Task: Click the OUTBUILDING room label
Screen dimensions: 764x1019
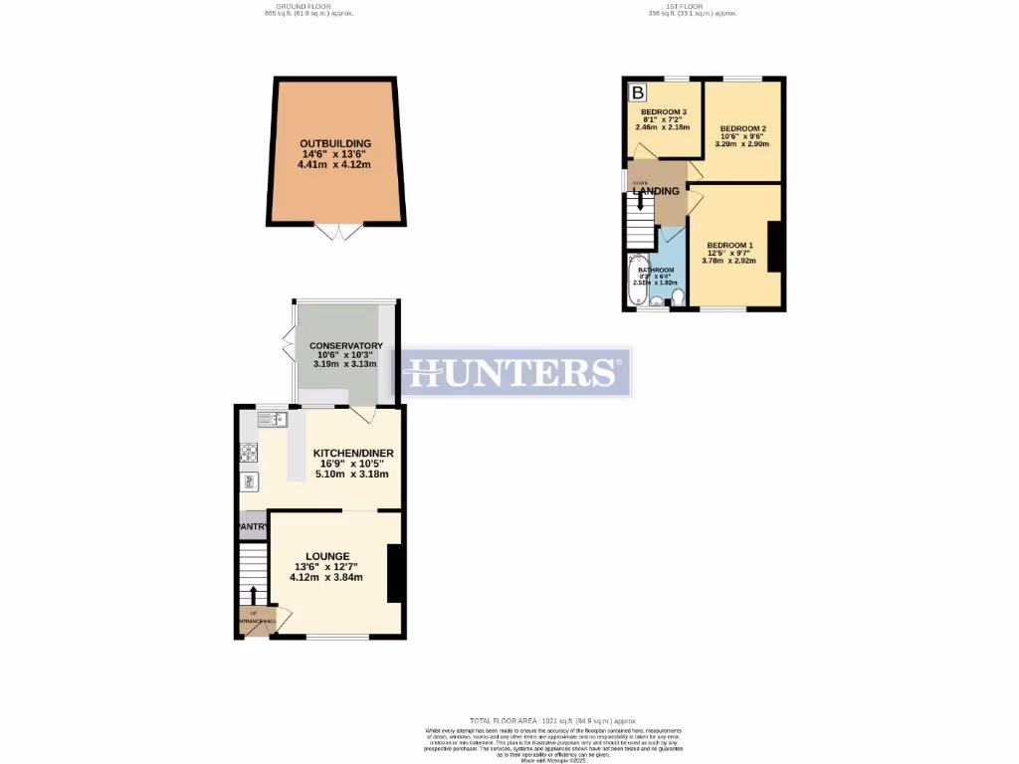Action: pyautogui.click(x=335, y=143)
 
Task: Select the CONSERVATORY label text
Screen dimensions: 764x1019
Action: pyautogui.click(x=345, y=345)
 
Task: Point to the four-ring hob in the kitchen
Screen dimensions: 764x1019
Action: pyautogui.click(x=249, y=453)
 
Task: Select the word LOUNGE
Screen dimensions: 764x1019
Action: pyautogui.click(x=327, y=555)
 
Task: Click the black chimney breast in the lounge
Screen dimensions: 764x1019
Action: pyautogui.click(x=394, y=573)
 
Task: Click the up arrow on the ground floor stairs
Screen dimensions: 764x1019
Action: pyautogui.click(x=253, y=595)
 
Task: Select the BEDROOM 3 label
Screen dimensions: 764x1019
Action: pyautogui.click(x=663, y=111)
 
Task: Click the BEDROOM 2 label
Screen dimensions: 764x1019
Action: pyautogui.click(x=742, y=129)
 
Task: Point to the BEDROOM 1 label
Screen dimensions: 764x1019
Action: pyautogui.click(x=730, y=245)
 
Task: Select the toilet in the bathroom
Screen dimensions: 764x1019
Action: pyautogui.click(x=676, y=296)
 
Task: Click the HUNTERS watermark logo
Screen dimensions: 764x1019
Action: pyautogui.click(x=514, y=372)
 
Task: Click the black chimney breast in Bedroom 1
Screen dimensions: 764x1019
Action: pyautogui.click(x=773, y=249)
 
